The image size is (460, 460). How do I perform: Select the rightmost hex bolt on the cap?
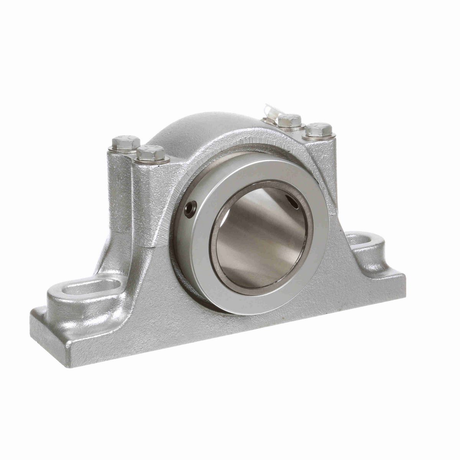319,130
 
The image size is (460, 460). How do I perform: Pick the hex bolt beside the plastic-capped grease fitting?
289,121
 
